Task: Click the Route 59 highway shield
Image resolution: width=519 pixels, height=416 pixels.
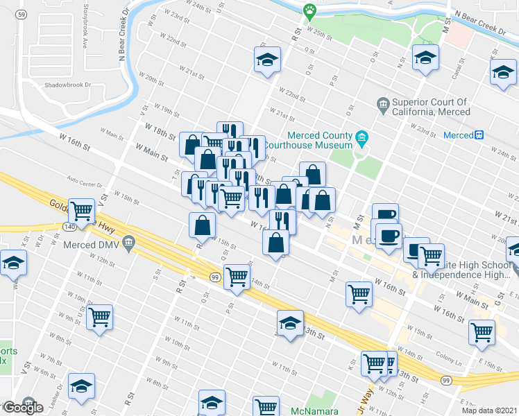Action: click(x=22, y=15)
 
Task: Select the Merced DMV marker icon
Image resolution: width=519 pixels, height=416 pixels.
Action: click(x=128, y=241)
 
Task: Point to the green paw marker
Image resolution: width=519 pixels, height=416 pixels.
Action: click(x=309, y=11)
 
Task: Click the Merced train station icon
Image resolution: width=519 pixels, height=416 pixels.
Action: click(x=479, y=135)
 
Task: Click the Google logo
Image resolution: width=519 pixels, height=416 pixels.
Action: click(x=22, y=408)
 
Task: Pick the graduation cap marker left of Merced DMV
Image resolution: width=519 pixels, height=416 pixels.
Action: click(x=13, y=263)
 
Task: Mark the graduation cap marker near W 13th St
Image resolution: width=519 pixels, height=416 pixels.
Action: click(x=290, y=322)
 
